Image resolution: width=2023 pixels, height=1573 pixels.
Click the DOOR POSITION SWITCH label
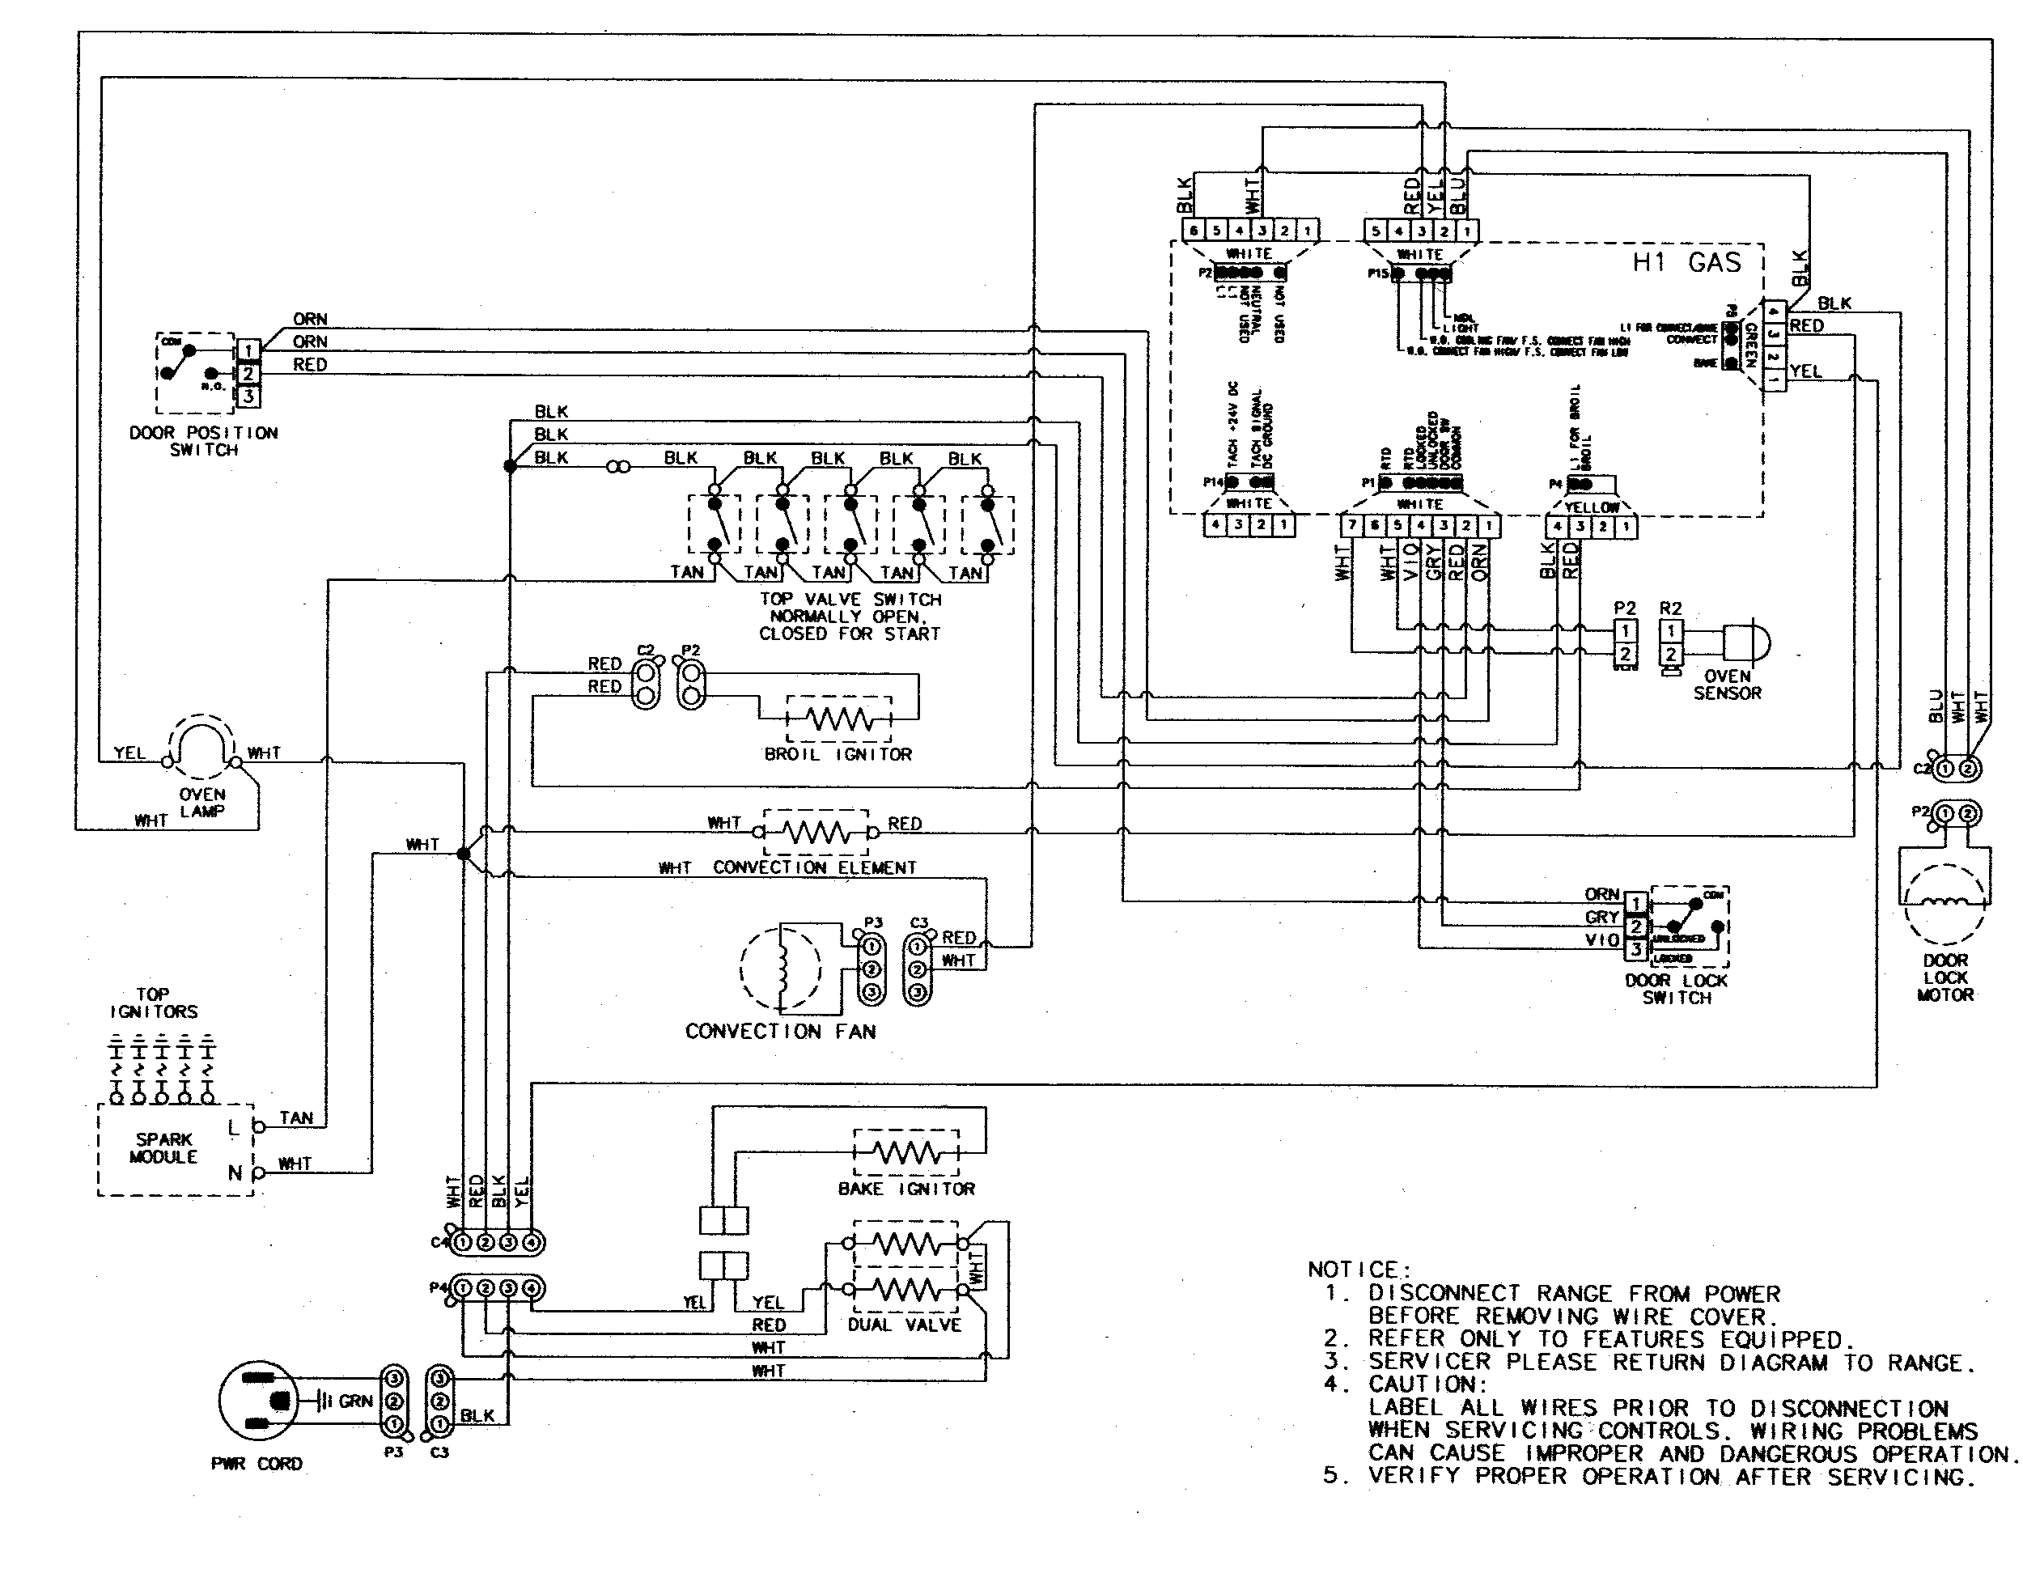click(x=203, y=441)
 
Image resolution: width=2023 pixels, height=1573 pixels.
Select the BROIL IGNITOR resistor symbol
click(x=838, y=718)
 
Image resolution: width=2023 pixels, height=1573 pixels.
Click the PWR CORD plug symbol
click(x=257, y=1400)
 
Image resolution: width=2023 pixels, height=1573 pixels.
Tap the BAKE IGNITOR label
click(x=906, y=1189)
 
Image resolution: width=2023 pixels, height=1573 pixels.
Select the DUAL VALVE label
click(x=904, y=1325)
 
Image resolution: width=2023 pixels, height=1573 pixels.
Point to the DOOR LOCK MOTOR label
click(x=1945, y=977)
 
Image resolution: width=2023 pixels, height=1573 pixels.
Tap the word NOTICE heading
click(x=1359, y=1269)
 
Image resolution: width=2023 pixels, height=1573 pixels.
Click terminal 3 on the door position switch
click(x=248, y=396)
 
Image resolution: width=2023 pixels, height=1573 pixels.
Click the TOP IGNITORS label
click(x=153, y=1003)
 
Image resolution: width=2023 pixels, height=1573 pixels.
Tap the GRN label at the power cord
click(x=356, y=1401)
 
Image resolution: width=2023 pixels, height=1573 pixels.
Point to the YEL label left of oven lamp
click(x=129, y=753)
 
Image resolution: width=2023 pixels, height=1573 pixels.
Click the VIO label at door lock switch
click(x=1601, y=940)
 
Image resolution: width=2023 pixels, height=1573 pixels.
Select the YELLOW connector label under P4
click(x=1592, y=507)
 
